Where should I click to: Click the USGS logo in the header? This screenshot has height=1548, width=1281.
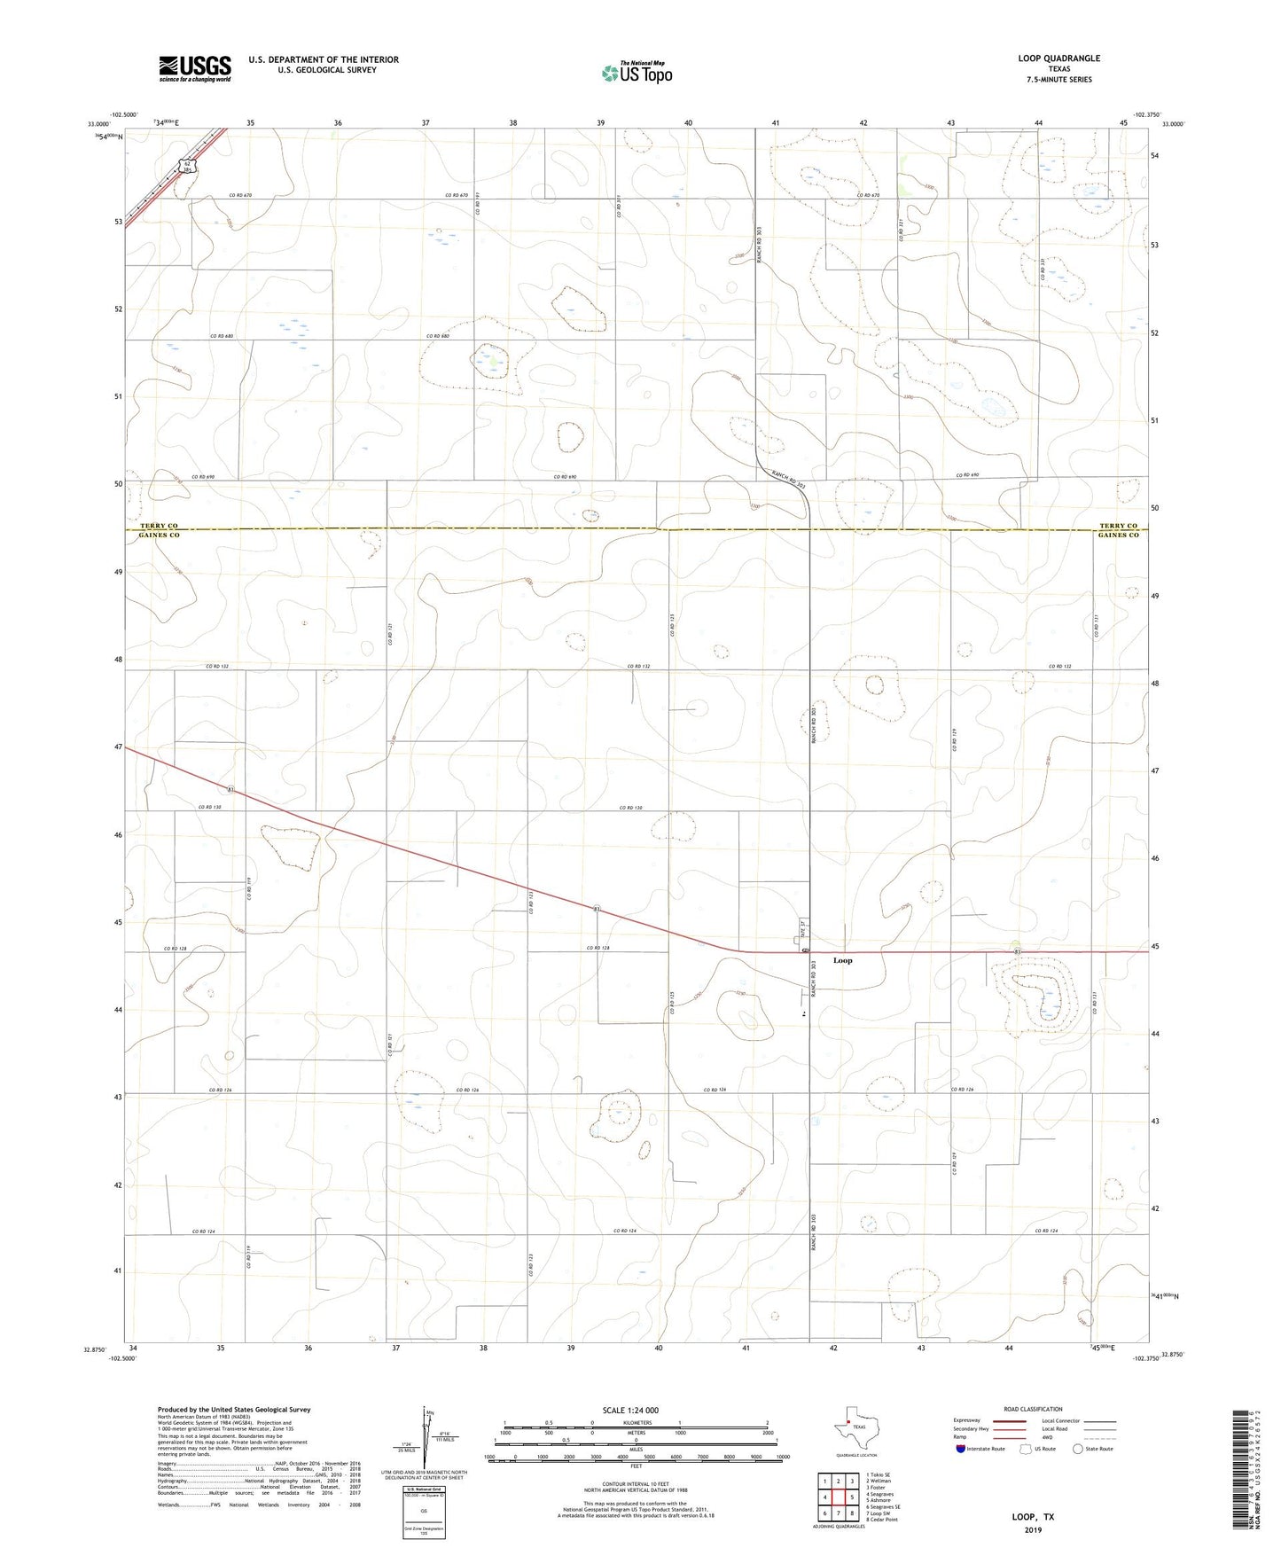[195, 67]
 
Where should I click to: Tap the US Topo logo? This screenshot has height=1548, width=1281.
[636, 73]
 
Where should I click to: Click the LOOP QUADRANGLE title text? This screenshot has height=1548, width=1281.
[1058, 59]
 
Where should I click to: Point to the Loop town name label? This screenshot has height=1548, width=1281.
[842, 960]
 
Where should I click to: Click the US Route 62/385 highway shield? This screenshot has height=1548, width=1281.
[188, 165]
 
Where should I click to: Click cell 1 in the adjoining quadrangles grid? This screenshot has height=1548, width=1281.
[824, 1482]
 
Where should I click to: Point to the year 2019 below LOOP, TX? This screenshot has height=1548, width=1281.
[1033, 1529]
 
